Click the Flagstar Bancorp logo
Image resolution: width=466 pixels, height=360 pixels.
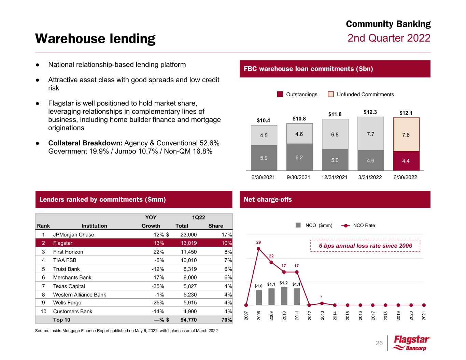tap(411, 343)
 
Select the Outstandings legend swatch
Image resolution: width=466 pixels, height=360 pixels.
tap(280, 95)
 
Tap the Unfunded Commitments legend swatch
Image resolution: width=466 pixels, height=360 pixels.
tap(331, 95)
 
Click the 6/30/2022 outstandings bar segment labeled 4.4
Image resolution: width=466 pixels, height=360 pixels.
tap(406, 161)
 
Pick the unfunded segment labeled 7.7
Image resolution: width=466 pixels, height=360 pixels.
tap(370, 134)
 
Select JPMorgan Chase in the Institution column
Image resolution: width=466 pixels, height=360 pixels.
tap(73, 235)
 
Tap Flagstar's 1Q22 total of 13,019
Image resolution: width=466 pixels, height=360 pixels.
tap(186, 243)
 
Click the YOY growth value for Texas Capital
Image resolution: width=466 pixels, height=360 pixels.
tap(158, 286)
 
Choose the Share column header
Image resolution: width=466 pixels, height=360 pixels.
tap(215, 226)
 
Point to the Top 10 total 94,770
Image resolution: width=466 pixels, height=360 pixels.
tap(186, 320)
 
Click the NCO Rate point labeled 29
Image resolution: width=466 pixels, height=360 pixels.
tap(258, 248)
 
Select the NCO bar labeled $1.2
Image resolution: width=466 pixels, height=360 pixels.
tap(284, 296)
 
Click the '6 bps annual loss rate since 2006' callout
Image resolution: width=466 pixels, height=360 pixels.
tap(365, 246)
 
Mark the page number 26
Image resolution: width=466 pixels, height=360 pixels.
tap(379, 343)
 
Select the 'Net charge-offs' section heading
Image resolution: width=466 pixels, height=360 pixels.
tap(268, 200)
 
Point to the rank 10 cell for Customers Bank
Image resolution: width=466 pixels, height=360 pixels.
tap(43, 312)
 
